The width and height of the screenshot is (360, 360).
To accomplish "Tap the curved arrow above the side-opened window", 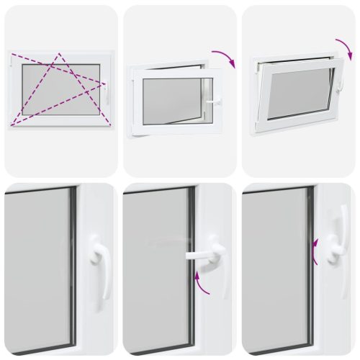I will pyautogui.click(x=225, y=58).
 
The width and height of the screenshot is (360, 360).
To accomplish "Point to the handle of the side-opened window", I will pyautogui.click(x=213, y=103).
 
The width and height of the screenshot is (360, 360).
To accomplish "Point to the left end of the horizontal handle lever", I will pyautogui.click(x=188, y=254).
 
